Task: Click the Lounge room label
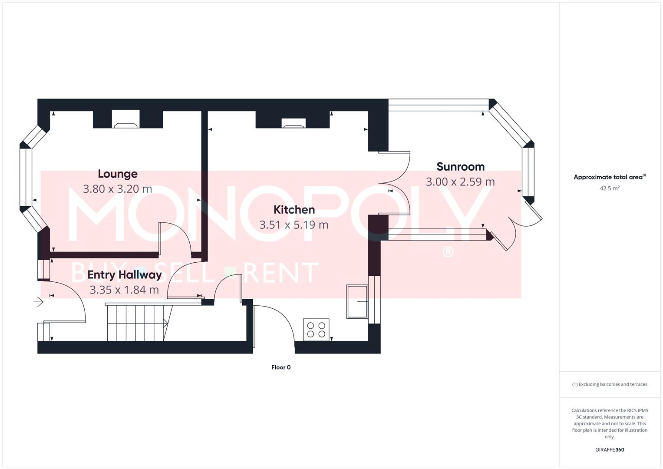(x=117, y=174)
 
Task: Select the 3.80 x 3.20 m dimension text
(x=117, y=189)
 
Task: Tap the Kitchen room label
(x=294, y=210)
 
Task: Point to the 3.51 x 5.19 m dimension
(x=294, y=225)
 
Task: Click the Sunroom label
(x=460, y=167)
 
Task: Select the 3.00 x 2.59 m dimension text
(x=460, y=182)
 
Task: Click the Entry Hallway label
(x=125, y=275)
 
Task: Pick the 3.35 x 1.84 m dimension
(x=124, y=290)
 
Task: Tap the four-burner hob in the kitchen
(x=317, y=330)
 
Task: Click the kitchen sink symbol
(x=357, y=301)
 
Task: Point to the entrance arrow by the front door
(x=39, y=301)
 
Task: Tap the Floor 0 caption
(x=281, y=367)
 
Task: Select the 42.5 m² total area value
(x=609, y=188)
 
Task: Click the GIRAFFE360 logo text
(x=609, y=450)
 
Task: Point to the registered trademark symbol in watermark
(x=448, y=252)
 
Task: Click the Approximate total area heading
(x=609, y=177)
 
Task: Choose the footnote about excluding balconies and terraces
(x=609, y=384)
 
